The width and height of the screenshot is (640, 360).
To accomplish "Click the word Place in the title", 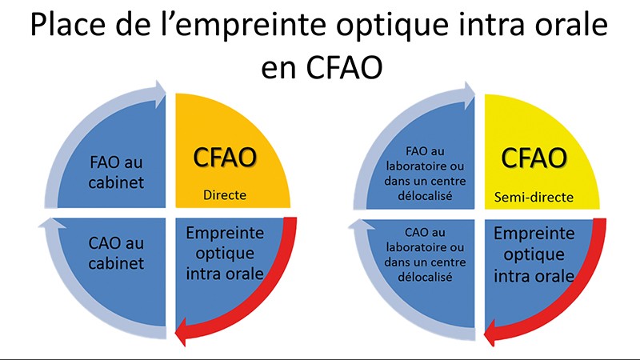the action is (67, 25).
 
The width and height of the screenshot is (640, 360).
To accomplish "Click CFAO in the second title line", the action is (344, 67).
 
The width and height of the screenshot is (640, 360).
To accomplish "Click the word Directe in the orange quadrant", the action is (225, 195).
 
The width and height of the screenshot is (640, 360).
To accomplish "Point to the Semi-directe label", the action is (534, 198).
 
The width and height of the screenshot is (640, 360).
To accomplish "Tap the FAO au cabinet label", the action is (116, 172).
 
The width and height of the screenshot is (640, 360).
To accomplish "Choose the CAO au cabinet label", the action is (116, 253).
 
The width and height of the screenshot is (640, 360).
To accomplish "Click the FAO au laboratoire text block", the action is (425, 174).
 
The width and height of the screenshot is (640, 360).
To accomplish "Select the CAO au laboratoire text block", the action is (425, 254).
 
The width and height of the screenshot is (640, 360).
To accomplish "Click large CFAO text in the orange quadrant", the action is (225, 158).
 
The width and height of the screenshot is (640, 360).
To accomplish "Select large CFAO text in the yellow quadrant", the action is (534, 158).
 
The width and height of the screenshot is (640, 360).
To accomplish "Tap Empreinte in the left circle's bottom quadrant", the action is (225, 233).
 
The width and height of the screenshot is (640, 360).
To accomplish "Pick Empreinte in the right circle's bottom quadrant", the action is (534, 234).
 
